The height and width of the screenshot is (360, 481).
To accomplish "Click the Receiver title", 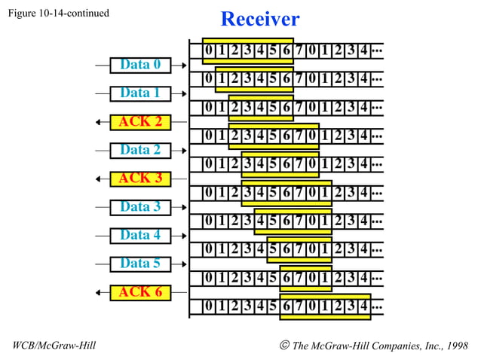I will (x=259, y=19).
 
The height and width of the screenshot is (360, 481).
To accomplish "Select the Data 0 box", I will (x=140, y=65).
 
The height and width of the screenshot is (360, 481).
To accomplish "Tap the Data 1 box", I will (x=140, y=93).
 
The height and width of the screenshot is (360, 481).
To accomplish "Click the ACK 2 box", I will (x=140, y=121).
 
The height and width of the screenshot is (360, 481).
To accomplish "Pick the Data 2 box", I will (x=140, y=150).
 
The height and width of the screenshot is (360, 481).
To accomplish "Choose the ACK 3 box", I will (x=140, y=178).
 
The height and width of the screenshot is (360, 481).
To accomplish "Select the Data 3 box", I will (x=140, y=206).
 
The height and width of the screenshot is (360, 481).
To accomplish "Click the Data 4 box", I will (x=140, y=235).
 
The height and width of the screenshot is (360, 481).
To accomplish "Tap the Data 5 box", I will (x=140, y=264).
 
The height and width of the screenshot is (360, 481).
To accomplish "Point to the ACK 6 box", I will (x=140, y=291).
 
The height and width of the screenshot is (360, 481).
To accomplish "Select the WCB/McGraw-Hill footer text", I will (x=54, y=346).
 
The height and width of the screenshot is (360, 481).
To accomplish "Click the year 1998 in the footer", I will (x=455, y=346).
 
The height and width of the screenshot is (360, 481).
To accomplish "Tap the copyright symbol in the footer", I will (x=284, y=346).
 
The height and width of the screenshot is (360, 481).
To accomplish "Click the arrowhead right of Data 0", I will (x=183, y=66).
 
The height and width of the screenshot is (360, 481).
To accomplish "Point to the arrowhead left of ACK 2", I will (x=99, y=122).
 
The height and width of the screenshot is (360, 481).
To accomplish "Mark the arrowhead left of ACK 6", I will (x=99, y=292).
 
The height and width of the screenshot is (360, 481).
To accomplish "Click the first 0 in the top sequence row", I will (x=209, y=50).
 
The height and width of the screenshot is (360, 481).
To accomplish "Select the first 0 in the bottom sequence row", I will (x=209, y=307).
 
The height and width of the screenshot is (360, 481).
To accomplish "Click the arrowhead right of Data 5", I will (x=183, y=264).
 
